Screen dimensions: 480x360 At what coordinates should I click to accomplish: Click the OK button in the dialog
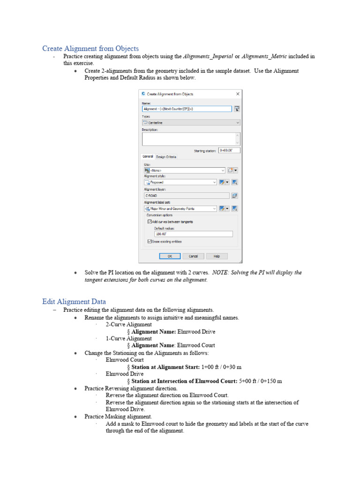point(170,256)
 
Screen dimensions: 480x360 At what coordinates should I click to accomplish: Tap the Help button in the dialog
point(217,256)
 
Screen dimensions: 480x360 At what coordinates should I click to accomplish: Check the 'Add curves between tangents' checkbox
point(150,221)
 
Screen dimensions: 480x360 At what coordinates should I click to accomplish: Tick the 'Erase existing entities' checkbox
point(150,241)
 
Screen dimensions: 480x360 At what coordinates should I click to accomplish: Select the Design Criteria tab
point(166,157)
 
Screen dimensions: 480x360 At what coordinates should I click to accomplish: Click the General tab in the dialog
point(148,157)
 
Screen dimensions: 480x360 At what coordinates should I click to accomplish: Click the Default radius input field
point(193,234)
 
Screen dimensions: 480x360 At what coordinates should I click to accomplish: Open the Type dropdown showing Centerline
point(191,122)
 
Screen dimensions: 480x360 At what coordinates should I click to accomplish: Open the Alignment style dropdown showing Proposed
point(180,182)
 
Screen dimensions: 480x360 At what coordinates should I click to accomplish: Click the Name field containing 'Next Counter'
point(187,109)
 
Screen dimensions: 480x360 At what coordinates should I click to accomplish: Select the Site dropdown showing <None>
point(185,170)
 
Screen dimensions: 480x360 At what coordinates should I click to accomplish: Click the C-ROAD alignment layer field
point(187,195)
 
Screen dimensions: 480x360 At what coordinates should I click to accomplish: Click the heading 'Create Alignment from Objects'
point(90,49)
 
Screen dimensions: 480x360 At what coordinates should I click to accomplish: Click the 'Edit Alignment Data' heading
point(74,301)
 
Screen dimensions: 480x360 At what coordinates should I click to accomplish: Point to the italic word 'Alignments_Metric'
point(264,57)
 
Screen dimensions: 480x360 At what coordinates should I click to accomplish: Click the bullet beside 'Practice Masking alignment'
point(75,417)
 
